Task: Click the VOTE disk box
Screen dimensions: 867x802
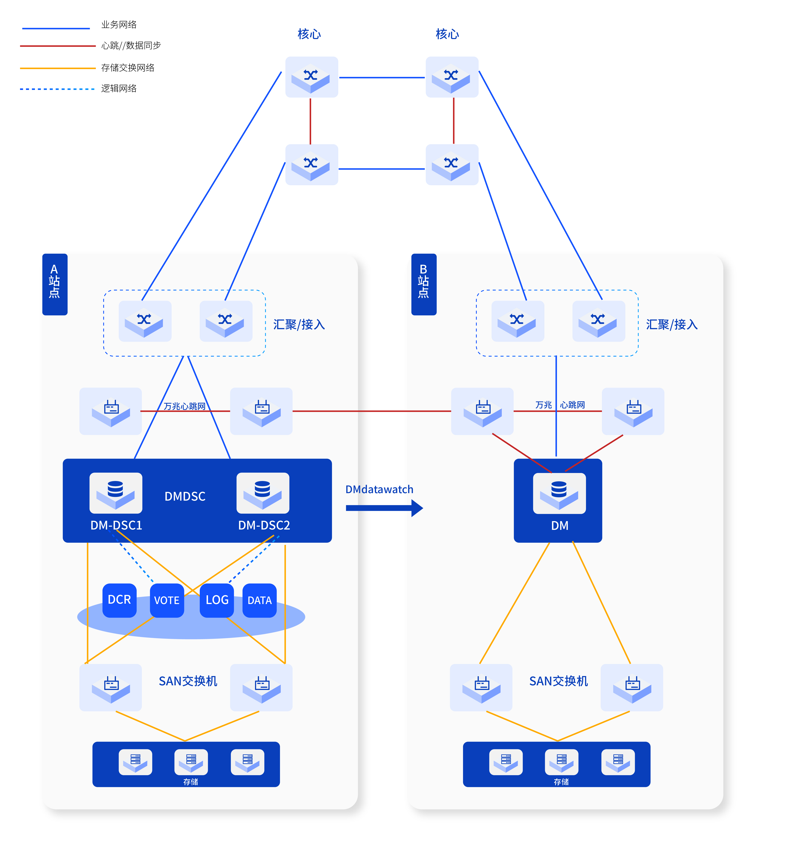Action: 167,600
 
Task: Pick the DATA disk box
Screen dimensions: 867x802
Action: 259,600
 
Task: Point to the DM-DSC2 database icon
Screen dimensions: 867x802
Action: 263,493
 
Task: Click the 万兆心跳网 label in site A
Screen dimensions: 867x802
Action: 184,406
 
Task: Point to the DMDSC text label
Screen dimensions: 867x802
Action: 185,496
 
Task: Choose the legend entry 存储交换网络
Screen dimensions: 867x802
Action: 128,68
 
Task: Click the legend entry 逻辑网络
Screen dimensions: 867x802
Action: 119,89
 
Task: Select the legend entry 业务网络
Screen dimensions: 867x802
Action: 119,25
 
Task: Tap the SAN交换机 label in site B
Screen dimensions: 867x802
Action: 559,681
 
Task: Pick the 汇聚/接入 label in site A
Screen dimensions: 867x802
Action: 299,324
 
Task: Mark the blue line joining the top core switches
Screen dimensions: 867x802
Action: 382,78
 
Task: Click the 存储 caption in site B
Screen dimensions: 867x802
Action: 561,781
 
